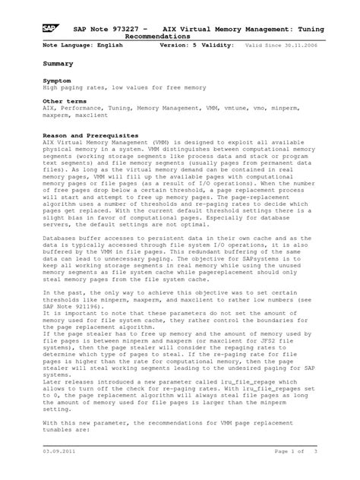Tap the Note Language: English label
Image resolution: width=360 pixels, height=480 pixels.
coord(82,46)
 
